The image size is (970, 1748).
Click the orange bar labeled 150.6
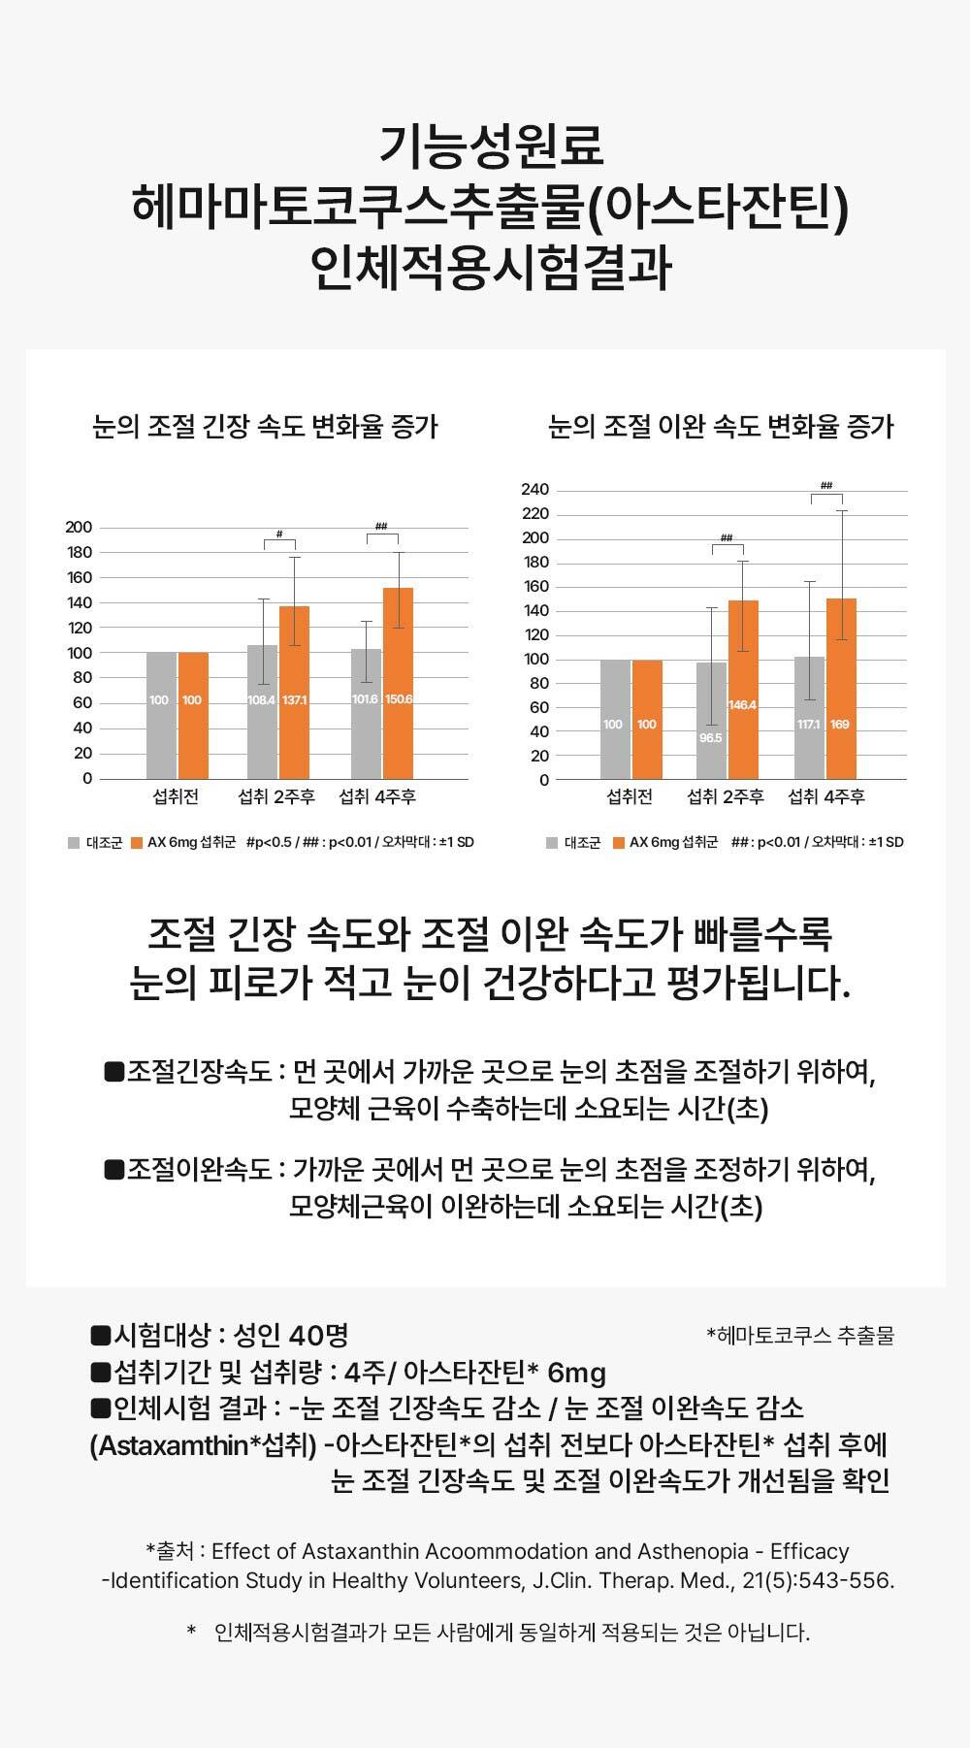[x=398, y=683]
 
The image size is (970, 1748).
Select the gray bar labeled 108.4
[x=262, y=712]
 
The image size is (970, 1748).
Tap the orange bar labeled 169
[x=841, y=689]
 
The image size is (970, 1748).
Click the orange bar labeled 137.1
[x=294, y=693]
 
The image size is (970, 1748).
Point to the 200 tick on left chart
[x=79, y=528]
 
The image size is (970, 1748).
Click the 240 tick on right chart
[x=535, y=489]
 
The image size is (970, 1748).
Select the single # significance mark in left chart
[x=279, y=534]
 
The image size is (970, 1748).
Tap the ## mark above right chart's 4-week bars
[x=826, y=485]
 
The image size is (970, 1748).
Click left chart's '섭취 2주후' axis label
[x=276, y=797]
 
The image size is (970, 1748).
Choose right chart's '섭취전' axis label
[x=630, y=797]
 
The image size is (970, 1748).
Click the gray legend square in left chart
[x=74, y=842]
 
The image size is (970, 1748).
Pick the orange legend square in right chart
[x=619, y=843]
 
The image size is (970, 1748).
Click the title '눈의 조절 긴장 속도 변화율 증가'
[x=265, y=427]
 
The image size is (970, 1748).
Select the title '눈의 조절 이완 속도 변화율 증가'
[x=721, y=427]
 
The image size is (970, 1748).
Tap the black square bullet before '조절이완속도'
[x=115, y=1169]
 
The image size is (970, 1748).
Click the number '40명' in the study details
[x=318, y=1336]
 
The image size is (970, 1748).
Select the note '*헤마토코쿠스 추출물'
[x=800, y=1336]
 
